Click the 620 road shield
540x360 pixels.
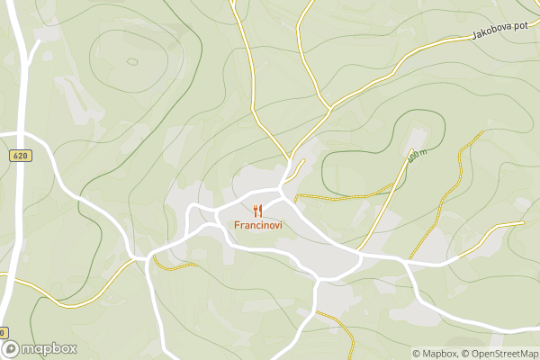[x=21, y=156]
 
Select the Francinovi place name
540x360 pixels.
[x=258, y=225]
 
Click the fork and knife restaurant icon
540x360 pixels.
[x=258, y=211]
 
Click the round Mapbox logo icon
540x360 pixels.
[x=11, y=349]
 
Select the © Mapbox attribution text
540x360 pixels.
[x=436, y=354]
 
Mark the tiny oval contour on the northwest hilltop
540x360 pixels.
[x=132, y=62]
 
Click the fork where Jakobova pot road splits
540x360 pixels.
[x=331, y=107]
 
